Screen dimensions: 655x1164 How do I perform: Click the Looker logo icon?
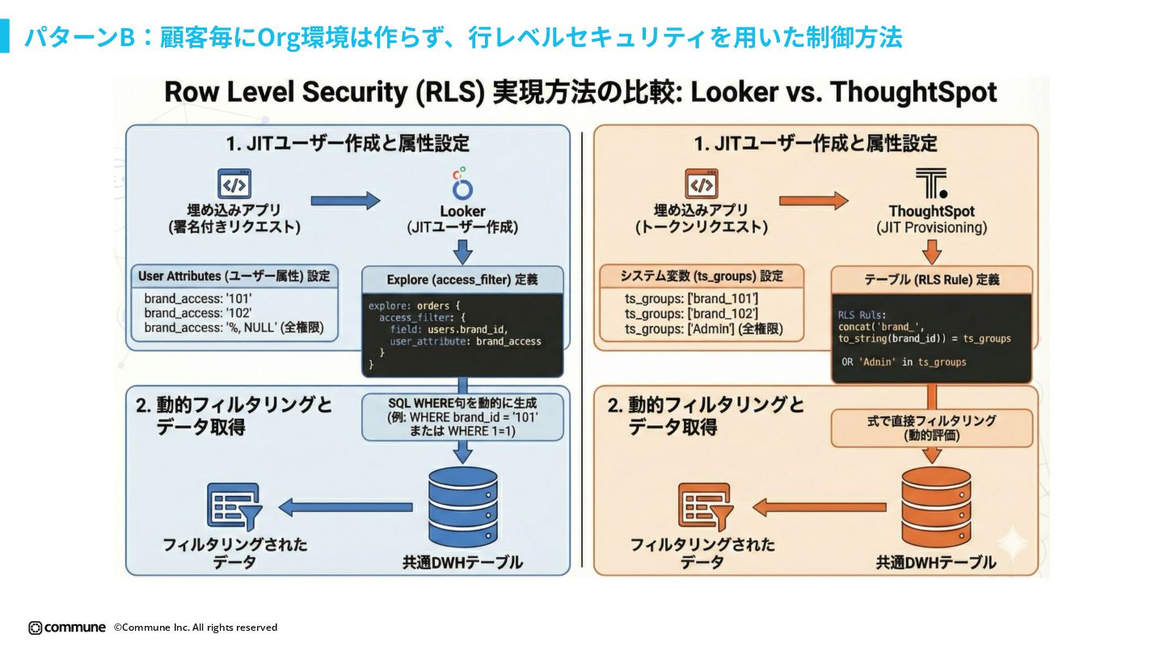(x=462, y=184)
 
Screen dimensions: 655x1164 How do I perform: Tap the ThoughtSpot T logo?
(x=931, y=184)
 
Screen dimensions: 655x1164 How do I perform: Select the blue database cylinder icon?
(x=462, y=507)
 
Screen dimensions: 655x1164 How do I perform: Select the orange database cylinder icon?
(x=936, y=507)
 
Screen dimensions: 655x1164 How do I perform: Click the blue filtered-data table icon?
(x=233, y=507)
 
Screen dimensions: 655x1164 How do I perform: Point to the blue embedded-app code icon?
(x=234, y=184)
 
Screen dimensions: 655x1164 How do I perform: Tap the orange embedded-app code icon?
(x=702, y=184)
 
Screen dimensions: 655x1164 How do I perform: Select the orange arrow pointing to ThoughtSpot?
(x=814, y=200)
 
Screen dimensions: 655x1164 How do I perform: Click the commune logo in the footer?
(x=67, y=628)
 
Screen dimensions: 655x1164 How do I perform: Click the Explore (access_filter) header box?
(x=462, y=280)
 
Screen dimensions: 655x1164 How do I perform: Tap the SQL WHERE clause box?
(x=462, y=416)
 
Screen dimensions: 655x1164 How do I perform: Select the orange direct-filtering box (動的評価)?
(x=932, y=428)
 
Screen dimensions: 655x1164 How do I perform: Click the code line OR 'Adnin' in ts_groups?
(x=903, y=362)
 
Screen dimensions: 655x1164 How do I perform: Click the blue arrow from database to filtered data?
(x=346, y=507)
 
